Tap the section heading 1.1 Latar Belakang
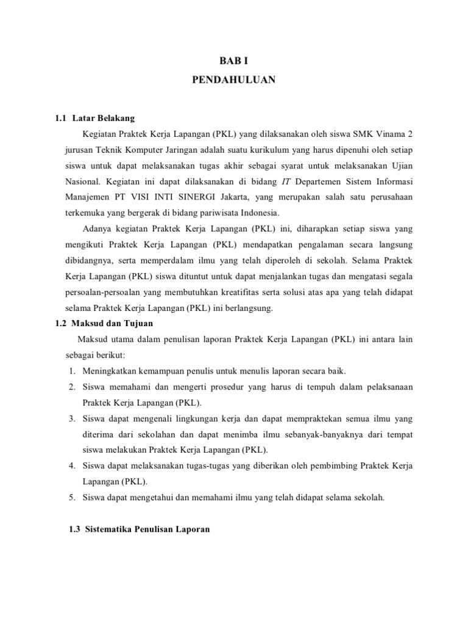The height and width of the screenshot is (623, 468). pos(95,117)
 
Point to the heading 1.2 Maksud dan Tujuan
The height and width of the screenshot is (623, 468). pos(104,323)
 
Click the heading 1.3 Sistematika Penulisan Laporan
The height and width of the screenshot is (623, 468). pos(140,529)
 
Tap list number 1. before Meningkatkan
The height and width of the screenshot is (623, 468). pos(72,371)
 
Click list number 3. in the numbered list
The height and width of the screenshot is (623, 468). pos(72,419)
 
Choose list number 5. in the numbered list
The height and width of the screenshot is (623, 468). pos(72,497)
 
